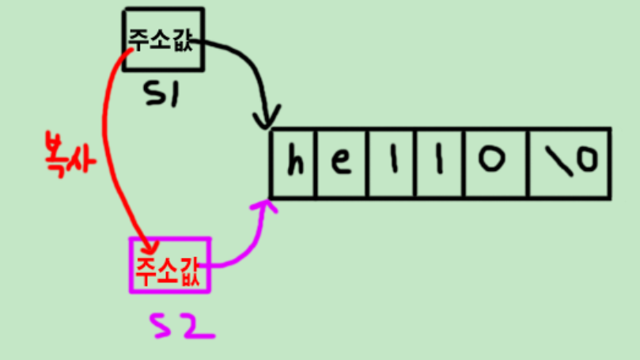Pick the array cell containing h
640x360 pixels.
click(294, 163)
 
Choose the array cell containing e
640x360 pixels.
click(341, 163)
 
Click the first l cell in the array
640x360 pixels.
click(392, 163)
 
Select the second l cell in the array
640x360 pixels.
click(441, 163)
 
